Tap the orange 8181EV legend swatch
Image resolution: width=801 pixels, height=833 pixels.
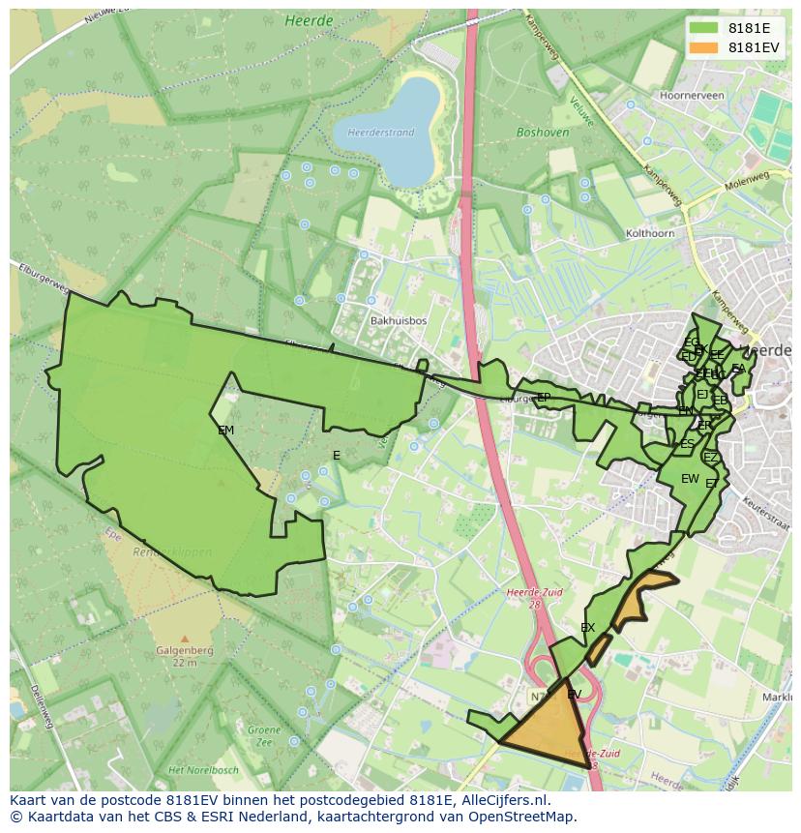pos(703,47)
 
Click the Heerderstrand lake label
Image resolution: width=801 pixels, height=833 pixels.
pos(380,133)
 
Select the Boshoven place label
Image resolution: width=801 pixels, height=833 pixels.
pos(539,133)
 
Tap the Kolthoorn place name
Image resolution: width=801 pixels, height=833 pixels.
pos(650,233)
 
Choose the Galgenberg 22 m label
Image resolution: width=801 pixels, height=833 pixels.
pos(185,657)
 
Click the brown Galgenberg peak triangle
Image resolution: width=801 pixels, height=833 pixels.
pos(184,639)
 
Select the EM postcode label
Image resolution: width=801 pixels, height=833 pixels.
pos(225,431)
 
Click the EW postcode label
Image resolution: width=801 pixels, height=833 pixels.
pos(690,479)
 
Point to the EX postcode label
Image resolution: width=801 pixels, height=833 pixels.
pos(587,628)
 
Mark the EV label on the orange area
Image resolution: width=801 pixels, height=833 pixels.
pos(574,695)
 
